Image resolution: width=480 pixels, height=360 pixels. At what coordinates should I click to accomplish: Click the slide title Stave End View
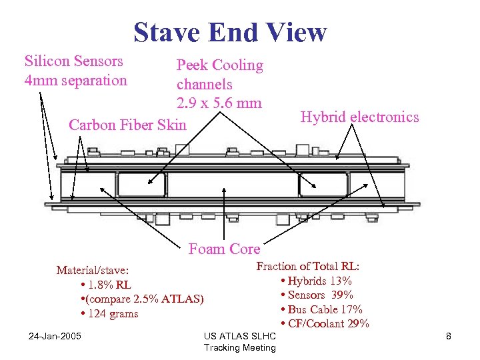point(230,31)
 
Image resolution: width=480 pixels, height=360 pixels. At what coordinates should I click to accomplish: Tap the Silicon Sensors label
point(74,61)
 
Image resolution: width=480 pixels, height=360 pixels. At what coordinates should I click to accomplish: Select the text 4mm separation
point(75,81)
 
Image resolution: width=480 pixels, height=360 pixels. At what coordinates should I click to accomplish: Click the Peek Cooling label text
point(219,65)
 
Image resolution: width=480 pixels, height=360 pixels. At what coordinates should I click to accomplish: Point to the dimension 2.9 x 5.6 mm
point(219,103)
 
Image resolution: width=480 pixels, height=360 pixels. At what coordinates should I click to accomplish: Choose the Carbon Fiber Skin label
point(128,125)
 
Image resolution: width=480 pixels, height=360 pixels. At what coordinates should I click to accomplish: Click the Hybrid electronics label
point(359,117)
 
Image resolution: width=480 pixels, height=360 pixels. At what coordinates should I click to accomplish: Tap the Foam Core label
point(224,249)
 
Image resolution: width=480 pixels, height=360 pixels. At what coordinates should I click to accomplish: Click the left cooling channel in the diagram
point(141,185)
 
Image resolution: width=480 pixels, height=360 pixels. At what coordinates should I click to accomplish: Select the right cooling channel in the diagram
point(323,185)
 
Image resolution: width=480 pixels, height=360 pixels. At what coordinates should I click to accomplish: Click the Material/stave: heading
point(93,270)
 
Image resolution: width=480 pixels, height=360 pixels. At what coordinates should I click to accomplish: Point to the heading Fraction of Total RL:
point(313,266)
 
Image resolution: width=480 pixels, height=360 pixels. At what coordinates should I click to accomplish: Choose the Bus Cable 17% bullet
point(325,309)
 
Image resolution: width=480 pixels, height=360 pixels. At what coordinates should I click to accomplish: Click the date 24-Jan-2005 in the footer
point(55,335)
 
